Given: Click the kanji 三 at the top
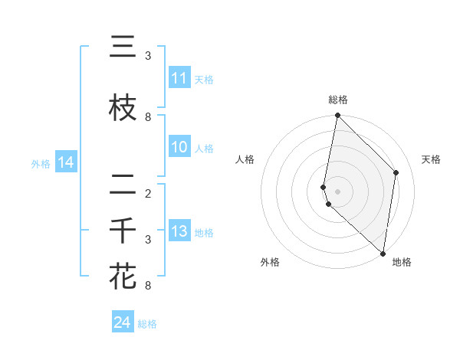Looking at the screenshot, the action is [123, 48].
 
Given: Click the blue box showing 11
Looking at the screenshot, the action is [179, 78].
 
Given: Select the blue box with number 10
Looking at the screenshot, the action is [179, 147].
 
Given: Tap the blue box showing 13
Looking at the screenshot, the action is [179, 231].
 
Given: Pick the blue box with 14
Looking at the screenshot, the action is [65, 162].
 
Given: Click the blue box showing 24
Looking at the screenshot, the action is [122, 322].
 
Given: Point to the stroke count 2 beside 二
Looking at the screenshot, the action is [148, 194].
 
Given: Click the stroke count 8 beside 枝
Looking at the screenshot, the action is [148, 117].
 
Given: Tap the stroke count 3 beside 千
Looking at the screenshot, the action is [148, 240].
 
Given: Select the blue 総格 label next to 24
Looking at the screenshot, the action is [147, 324].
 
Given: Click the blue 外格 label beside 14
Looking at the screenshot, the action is [40, 163].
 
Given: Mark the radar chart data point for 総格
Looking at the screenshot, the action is [337, 116].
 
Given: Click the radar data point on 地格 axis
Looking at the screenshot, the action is [383, 254].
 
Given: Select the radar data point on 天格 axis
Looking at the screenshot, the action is [396, 172].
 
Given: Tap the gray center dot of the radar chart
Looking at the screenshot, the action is [337, 191].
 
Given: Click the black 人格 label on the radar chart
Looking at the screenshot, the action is [245, 159].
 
